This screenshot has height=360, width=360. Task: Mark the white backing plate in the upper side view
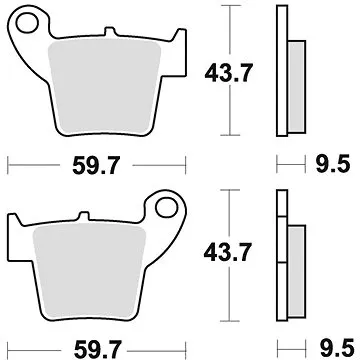tap(282, 70)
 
